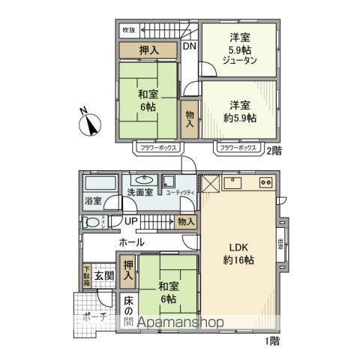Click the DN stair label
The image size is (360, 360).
coord(190,46)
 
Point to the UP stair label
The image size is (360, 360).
coord(130,221)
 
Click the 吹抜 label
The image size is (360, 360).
coord(129,30)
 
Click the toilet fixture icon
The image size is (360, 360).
coord(91,222)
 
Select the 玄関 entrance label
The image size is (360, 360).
coord(103,276)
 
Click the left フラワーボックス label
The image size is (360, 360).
coord(157,148)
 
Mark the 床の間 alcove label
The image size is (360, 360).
coord(128,312)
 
